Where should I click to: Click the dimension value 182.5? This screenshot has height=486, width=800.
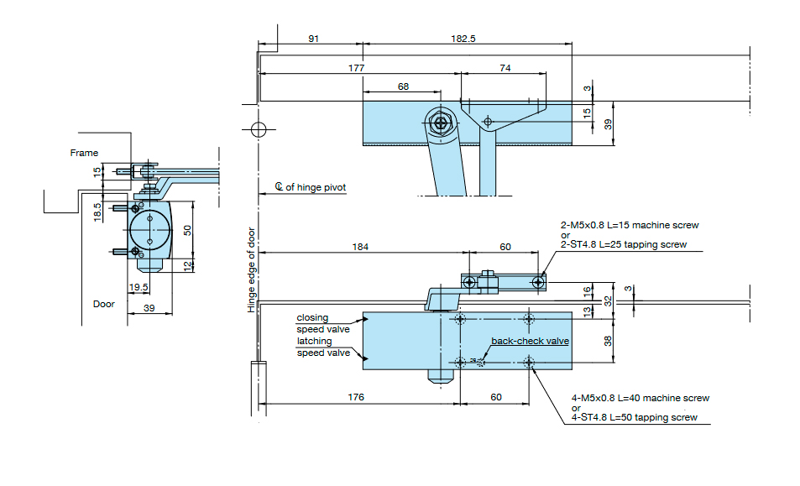[463, 39]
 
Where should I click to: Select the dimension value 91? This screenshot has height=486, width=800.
[313, 39]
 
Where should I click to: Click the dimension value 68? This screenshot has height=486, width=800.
[403, 86]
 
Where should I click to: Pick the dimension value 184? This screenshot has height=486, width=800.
[361, 247]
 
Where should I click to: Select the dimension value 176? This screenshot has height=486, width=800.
[356, 397]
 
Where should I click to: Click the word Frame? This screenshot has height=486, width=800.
[84, 153]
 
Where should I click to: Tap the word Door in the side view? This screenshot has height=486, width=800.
[104, 304]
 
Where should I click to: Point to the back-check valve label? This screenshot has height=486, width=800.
[530, 341]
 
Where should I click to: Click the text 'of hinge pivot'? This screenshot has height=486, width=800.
[315, 187]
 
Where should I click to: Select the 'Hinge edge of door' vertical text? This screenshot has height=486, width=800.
[251, 270]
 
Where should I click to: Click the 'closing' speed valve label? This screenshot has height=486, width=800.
[312, 318]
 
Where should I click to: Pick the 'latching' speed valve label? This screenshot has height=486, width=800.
[313, 341]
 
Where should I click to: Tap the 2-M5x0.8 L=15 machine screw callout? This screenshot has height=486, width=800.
[630, 226]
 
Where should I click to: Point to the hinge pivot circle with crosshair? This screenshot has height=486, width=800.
[259, 129]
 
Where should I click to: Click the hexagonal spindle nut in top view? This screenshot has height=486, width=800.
[441, 122]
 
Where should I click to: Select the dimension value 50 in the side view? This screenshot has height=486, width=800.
[188, 230]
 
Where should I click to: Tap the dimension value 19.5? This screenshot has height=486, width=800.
[139, 286]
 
